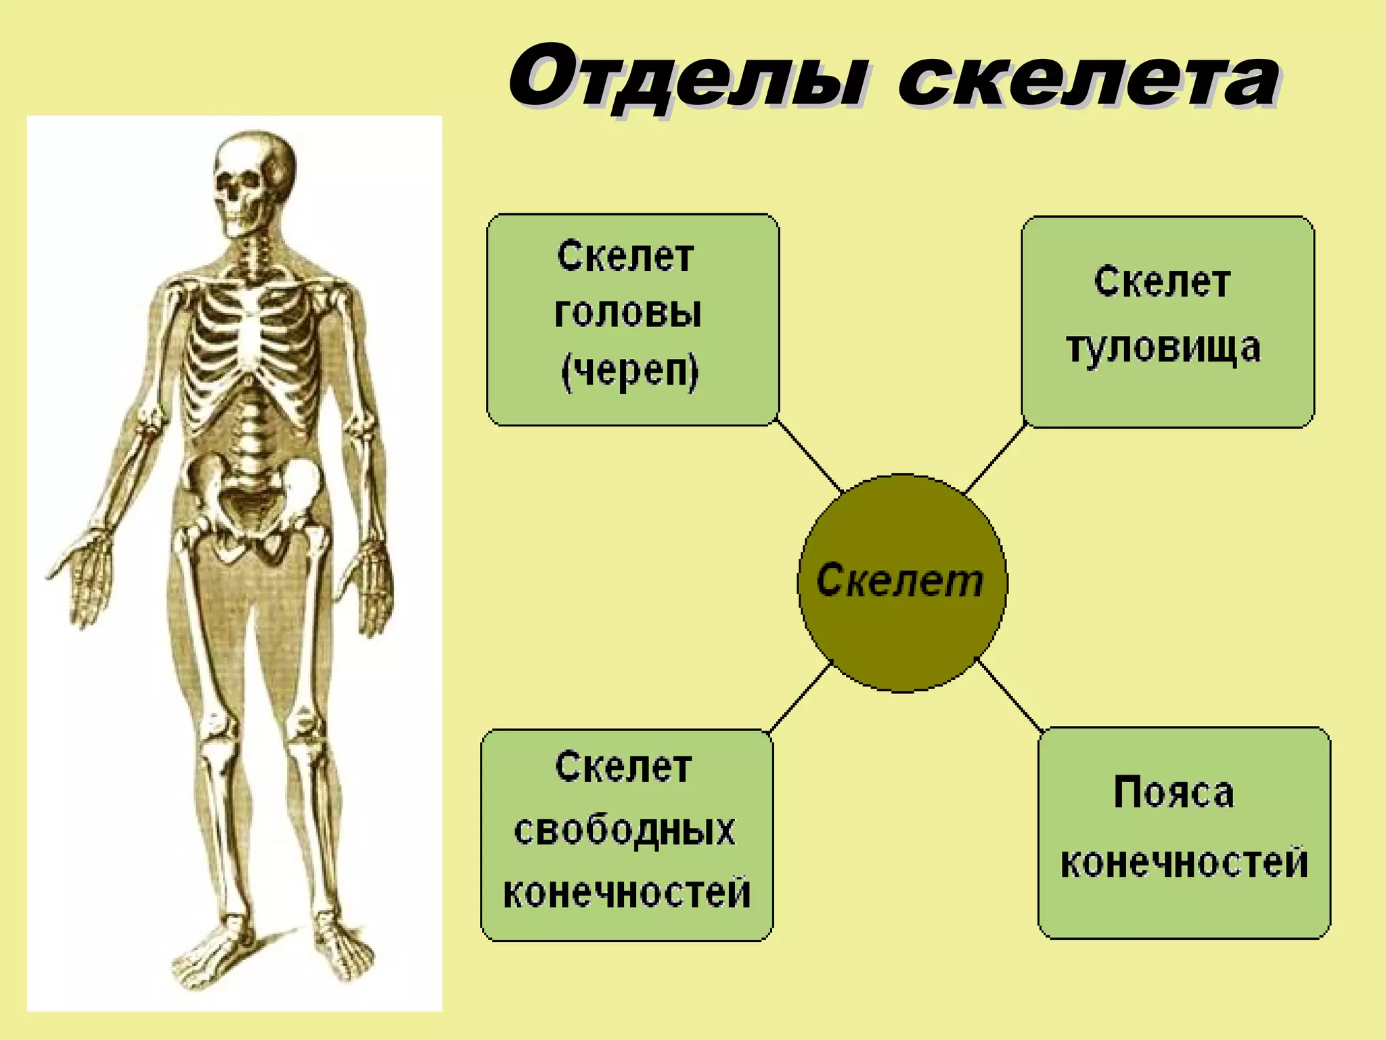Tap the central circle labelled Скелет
coord(902,582)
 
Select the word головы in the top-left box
coord(627,313)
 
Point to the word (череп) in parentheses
coord(629,372)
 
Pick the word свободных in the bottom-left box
coord(624,830)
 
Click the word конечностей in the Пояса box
coord(1184,863)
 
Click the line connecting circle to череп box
coord(809,455)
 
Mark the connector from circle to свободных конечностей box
coord(800,699)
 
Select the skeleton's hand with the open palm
coord(85,569)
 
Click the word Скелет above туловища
coord(1162,282)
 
